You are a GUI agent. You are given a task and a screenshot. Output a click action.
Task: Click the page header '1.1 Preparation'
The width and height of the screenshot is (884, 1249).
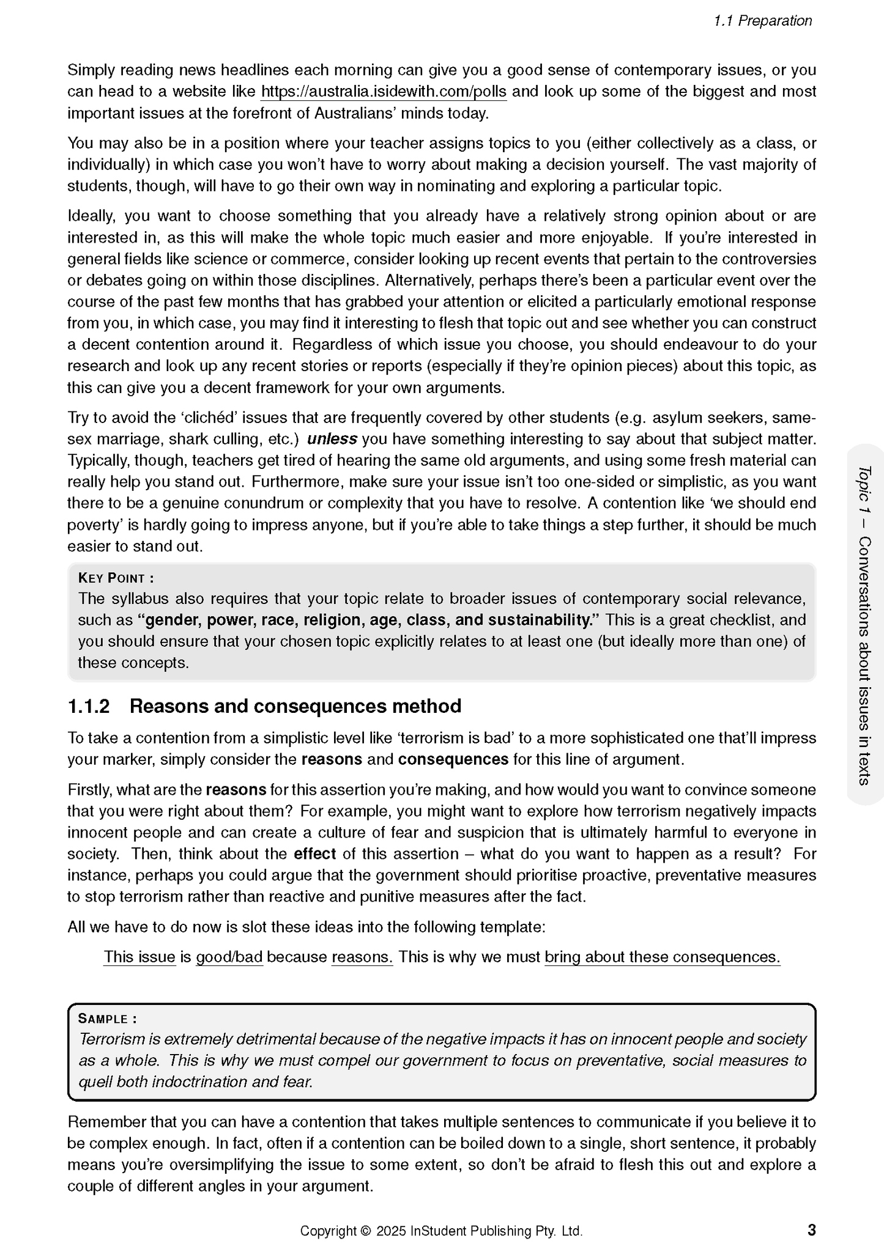(x=762, y=21)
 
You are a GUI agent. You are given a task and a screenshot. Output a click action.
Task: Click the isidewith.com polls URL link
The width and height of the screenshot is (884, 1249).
(x=384, y=92)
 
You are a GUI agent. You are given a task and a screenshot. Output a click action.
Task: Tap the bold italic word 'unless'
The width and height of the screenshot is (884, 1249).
(x=332, y=439)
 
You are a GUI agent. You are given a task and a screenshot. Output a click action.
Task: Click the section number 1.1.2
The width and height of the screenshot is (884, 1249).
(x=89, y=706)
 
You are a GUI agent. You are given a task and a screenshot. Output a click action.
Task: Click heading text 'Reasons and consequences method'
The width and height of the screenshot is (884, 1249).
(x=295, y=706)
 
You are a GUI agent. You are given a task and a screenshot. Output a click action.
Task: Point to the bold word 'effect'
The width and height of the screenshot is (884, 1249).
(x=314, y=853)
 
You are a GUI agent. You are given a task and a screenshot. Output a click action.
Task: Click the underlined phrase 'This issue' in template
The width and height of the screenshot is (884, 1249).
(x=139, y=957)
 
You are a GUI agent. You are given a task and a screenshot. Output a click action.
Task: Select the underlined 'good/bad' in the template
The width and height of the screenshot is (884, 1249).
(x=229, y=957)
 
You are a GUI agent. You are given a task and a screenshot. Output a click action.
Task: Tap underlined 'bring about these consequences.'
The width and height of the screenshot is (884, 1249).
(x=662, y=957)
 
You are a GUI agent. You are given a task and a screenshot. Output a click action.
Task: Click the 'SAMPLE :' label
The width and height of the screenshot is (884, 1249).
(x=107, y=1019)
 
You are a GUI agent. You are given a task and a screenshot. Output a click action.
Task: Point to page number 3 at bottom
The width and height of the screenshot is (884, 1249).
(x=811, y=1229)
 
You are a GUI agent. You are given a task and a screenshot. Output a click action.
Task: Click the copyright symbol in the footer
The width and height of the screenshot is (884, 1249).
(x=366, y=1231)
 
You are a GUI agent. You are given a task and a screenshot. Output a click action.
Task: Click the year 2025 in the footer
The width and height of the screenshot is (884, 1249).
(x=391, y=1231)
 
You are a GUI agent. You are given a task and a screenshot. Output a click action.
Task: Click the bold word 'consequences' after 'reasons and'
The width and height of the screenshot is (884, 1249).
(x=453, y=759)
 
